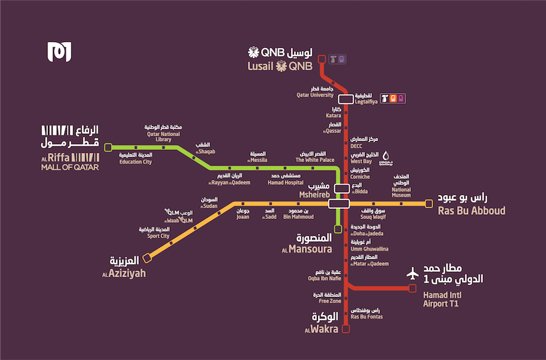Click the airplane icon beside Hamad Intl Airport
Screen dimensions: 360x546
pos(412,274)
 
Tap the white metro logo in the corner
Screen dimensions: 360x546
pos(59,52)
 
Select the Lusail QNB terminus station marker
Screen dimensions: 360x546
pos(322,59)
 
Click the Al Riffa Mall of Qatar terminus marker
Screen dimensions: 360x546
pos(108,147)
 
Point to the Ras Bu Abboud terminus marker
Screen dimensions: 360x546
pos(428,204)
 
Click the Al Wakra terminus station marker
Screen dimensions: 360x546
pos(345,328)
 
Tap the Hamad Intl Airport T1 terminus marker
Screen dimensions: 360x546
pos(412,289)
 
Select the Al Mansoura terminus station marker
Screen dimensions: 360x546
pos(338,229)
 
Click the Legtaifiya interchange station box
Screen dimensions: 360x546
pos(345,99)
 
